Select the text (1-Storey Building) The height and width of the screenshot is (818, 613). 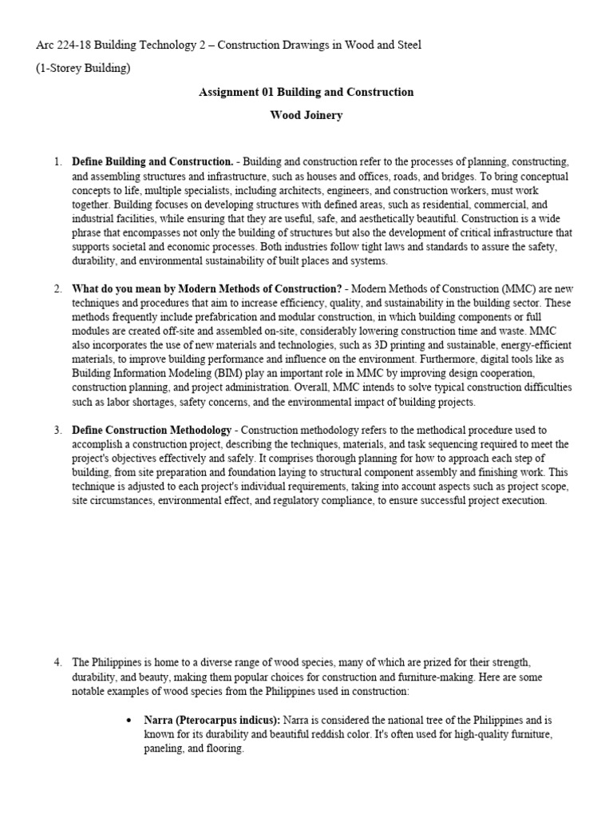tap(83, 68)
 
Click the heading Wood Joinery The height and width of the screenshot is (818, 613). tap(306, 115)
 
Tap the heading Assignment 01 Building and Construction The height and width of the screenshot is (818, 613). tap(306, 92)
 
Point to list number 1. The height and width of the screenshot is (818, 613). tap(57, 161)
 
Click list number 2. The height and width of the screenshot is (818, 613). tap(57, 288)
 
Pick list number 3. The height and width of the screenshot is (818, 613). tap(57, 430)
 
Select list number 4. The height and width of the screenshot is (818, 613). tap(57, 663)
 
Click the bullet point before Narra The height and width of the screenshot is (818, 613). tap(129, 721)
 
